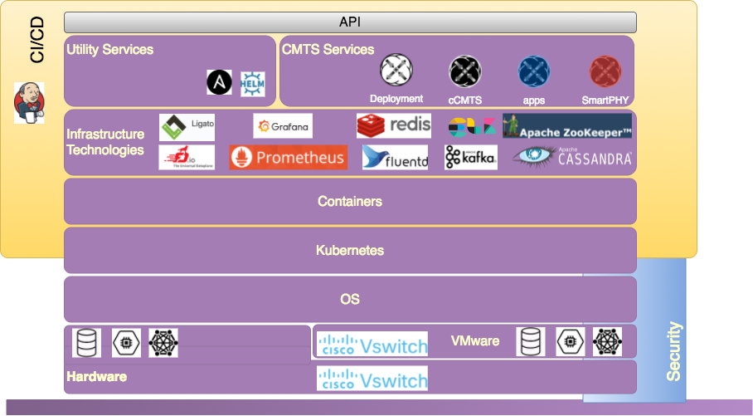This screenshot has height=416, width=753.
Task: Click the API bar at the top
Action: point(350,22)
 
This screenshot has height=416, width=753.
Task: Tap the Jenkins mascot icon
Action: point(29,103)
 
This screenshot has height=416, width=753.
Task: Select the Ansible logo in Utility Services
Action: point(220,81)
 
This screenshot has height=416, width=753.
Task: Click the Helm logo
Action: point(252,83)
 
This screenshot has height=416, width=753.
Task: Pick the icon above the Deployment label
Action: point(396,71)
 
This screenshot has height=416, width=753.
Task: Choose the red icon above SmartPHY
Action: point(605,72)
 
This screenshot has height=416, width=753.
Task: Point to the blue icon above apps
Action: point(534,72)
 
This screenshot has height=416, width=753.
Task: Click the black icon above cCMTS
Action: point(465,72)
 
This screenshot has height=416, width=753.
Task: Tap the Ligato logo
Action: point(187,126)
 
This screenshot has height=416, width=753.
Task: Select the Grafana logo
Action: point(283,126)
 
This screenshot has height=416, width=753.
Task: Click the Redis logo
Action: point(394,125)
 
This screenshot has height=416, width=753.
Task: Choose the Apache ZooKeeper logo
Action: point(567,126)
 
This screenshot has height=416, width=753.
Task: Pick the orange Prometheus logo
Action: point(288,157)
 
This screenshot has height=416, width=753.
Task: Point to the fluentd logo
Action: point(396,157)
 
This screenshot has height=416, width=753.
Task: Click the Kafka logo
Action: point(470,157)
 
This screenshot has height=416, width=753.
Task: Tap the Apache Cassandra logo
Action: point(572,157)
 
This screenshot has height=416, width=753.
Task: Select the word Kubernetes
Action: point(350,250)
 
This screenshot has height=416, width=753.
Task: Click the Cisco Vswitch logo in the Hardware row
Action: point(372,379)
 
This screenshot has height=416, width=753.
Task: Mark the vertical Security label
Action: point(674,350)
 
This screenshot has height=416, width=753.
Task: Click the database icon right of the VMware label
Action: point(531,341)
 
